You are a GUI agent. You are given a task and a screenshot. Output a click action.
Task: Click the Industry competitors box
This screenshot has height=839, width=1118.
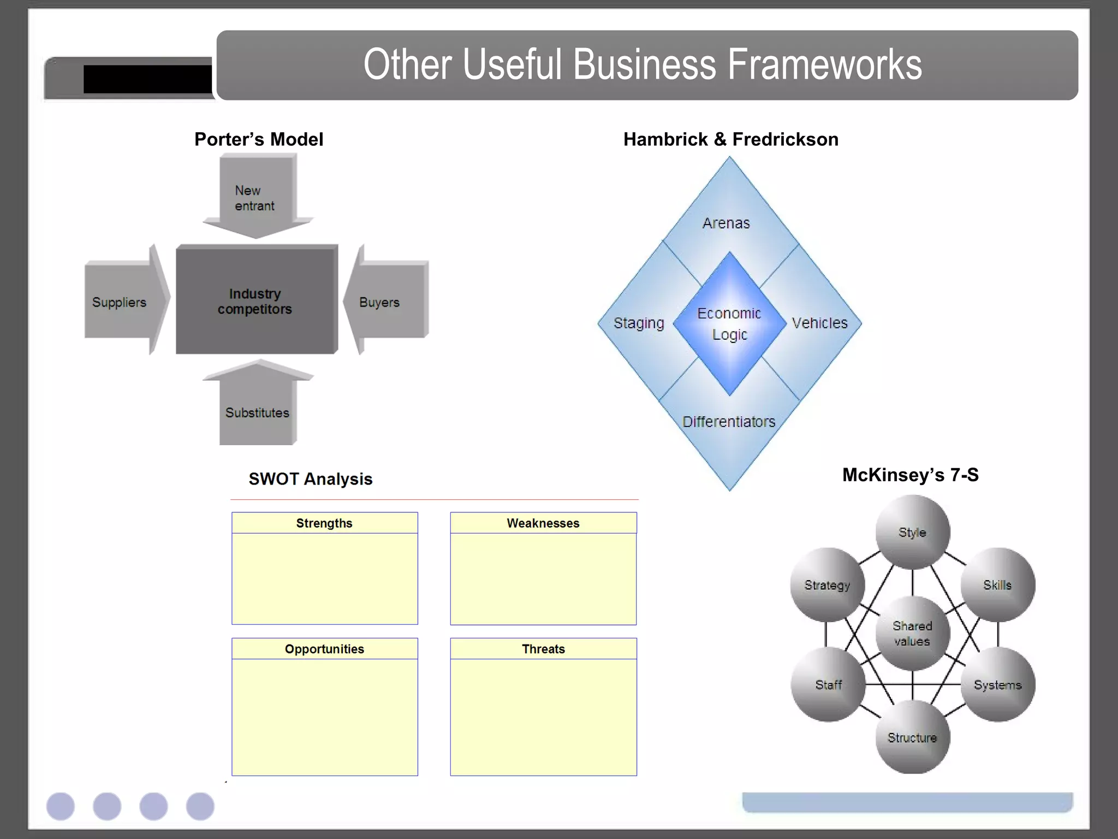pos(255,300)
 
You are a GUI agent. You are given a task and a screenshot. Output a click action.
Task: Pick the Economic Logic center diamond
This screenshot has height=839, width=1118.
pos(729,323)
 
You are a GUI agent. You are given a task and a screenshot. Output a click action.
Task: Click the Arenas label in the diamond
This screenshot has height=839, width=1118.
pos(726,223)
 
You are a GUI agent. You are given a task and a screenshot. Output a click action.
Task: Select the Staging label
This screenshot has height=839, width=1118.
pos(639,323)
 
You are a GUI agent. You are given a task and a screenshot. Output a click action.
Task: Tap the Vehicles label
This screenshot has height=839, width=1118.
pos(819,323)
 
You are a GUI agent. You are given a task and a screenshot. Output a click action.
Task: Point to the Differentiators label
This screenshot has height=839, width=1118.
pos(729,422)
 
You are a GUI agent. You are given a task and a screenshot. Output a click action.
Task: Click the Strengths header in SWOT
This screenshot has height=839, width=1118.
pos(324,523)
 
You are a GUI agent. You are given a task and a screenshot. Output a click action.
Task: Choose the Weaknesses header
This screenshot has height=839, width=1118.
pos(543,523)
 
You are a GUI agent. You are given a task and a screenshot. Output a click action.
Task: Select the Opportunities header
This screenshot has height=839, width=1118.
pos(324,649)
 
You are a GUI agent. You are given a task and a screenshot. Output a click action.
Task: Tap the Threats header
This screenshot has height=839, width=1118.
pos(543,649)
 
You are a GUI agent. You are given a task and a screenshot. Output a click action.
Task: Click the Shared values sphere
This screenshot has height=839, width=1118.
pos(912,634)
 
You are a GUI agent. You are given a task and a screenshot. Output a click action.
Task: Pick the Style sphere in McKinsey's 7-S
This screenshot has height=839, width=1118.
pos(912,532)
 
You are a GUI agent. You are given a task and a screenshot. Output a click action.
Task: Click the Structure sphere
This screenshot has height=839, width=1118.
pos(912,737)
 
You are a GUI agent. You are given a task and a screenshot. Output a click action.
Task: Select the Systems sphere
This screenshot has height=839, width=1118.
pos(998,684)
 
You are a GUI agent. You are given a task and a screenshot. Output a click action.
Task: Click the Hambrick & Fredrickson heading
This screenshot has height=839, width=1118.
pos(731,139)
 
